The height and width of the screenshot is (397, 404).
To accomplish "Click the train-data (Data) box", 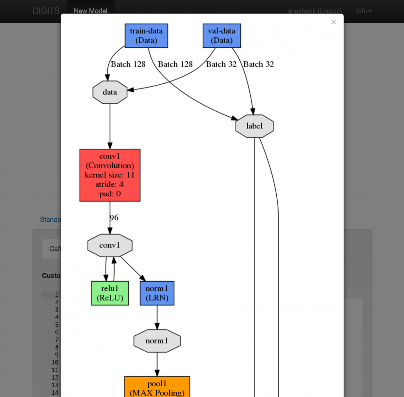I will point(146,36).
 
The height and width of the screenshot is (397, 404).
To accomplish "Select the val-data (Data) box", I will point(222,36).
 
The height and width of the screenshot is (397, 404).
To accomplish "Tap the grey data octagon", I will point(110,92).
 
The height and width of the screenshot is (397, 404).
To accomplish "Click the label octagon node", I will point(254,126).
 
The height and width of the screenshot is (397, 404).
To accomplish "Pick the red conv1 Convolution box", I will point(110,175).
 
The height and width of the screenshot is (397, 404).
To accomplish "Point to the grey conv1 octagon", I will point(110,245).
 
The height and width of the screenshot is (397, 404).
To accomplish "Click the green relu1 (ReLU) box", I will point(110,293).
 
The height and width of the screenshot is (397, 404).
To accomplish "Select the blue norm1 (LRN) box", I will point(157,293).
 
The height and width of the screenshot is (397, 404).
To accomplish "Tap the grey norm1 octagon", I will point(157,341).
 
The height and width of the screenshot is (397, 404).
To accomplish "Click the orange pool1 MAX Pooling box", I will point(157,387).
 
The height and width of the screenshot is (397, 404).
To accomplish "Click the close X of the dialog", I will point(333,22).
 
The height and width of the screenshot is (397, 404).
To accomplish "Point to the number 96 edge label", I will point(114,218).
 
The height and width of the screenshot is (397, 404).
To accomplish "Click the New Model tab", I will point(91,11).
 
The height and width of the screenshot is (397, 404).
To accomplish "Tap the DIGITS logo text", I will point(46,11).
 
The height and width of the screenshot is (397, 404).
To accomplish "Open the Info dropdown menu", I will point(364,11).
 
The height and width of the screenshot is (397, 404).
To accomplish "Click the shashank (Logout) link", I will point(314,11).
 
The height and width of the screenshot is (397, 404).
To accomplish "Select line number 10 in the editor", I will point(55,362).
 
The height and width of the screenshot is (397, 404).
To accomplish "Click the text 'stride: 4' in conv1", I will point(110,184).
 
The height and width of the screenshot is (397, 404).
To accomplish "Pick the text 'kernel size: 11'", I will point(110,175).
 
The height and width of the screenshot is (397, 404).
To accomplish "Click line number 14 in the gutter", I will point(55,392).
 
